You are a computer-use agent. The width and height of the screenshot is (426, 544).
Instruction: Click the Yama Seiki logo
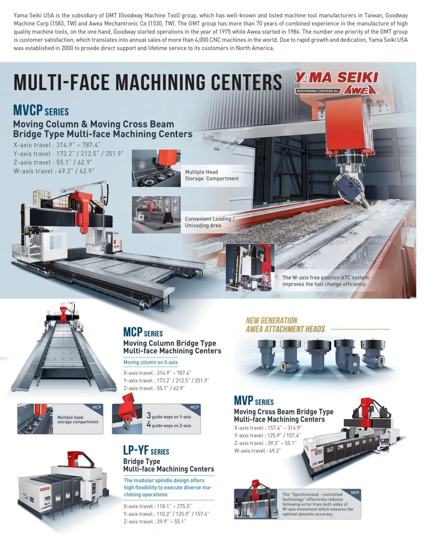337,83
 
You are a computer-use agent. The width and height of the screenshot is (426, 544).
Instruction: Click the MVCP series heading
41,110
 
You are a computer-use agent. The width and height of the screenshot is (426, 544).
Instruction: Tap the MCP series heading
143,332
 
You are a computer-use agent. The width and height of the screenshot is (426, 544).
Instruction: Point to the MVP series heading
254,401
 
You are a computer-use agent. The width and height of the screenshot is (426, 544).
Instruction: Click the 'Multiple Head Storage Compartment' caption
212,175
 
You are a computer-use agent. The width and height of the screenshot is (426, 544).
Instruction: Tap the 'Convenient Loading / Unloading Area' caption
209,222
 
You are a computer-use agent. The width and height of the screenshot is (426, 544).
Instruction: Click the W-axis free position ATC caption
325,281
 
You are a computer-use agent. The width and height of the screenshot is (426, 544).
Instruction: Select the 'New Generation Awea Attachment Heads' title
285,325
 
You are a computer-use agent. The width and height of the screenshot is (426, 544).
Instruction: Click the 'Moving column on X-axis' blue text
151,362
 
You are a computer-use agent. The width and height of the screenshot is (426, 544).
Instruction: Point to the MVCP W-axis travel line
54,171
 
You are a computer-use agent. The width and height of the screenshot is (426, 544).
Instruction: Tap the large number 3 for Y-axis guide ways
149,416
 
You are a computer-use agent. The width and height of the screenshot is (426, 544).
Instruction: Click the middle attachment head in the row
317,355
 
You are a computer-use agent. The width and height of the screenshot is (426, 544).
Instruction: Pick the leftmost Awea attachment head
266,354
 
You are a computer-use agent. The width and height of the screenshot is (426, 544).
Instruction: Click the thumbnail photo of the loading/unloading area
156,214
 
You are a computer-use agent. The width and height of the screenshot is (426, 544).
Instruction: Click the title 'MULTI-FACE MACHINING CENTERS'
148,82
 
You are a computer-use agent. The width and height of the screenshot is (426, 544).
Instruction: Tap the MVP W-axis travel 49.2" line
257,450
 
